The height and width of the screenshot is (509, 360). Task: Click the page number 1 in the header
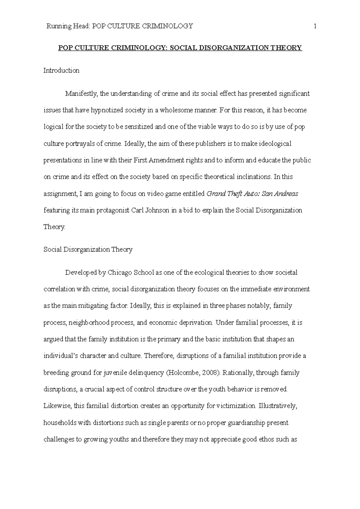(x=315, y=26)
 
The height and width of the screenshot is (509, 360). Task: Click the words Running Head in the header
(x=68, y=26)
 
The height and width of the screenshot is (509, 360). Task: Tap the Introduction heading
(x=61, y=71)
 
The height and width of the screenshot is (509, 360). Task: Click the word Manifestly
(x=81, y=94)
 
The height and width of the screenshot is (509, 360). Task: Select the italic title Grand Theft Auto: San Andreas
(x=252, y=194)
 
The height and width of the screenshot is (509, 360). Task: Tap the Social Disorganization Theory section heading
(x=88, y=249)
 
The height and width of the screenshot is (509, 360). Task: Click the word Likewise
(x=57, y=406)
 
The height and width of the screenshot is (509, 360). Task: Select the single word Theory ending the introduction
(x=54, y=227)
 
